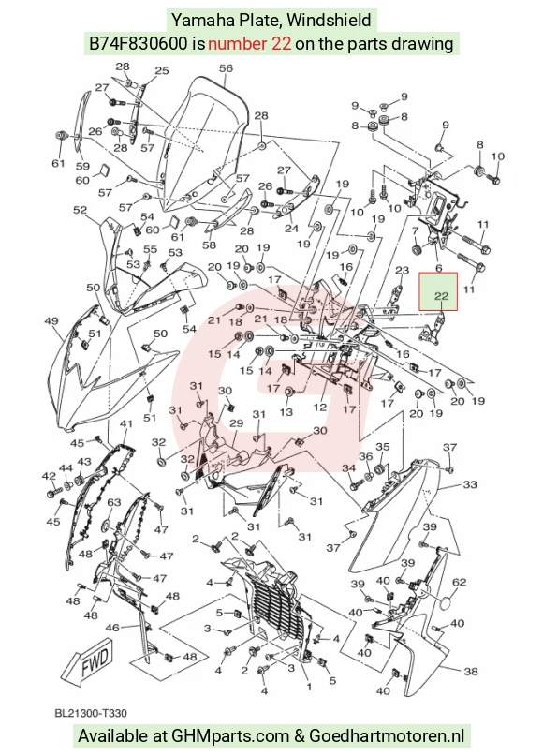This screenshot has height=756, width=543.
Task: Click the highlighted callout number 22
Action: click(441, 296)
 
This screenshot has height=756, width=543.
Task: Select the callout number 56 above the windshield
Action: click(226, 68)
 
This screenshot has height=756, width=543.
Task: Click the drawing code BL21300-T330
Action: click(91, 713)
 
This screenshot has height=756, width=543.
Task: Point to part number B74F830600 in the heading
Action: click(139, 44)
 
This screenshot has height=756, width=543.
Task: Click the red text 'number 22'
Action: click(250, 44)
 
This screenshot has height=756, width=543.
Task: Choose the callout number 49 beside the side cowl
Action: click(51, 321)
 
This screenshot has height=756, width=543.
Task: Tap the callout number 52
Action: click(80, 210)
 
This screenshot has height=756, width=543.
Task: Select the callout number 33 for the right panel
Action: click(469, 484)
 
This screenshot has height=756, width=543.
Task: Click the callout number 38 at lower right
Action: click(471, 671)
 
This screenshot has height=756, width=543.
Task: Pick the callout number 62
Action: click(459, 582)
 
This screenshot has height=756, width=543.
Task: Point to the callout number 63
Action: click(113, 503)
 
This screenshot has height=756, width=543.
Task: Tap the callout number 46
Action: click(111, 628)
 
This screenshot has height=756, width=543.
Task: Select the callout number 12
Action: click(320, 408)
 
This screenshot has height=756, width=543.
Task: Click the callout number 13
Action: click(286, 412)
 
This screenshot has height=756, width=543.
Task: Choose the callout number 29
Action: click(236, 423)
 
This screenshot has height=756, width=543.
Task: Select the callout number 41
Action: click(126, 424)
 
